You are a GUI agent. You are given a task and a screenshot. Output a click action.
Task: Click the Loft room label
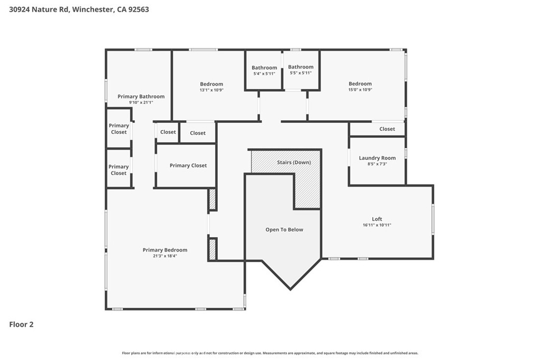(377, 219)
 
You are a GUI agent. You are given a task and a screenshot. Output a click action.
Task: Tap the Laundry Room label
(377, 158)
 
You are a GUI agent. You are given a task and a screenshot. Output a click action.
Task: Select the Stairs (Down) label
(294, 162)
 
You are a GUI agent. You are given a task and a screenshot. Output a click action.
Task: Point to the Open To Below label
(284, 230)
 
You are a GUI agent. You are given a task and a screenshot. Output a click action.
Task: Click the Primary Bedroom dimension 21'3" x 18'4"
(165, 256)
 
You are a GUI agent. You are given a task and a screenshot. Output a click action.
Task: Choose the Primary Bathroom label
(141, 96)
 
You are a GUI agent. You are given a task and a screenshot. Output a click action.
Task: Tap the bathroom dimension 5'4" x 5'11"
(264, 74)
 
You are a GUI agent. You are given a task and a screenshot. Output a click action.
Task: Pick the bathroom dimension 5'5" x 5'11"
(301, 73)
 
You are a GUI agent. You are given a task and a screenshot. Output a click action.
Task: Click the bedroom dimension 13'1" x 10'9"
(211, 90)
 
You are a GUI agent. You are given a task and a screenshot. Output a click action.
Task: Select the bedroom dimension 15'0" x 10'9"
(360, 90)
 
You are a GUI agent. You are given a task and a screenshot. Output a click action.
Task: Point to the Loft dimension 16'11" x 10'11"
(377, 225)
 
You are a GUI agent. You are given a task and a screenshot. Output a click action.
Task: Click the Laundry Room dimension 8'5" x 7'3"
(377, 164)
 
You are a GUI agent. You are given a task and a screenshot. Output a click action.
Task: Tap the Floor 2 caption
(21, 325)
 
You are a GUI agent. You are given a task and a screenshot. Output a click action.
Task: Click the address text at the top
(79, 9)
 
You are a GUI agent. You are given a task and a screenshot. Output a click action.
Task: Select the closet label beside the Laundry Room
(387, 129)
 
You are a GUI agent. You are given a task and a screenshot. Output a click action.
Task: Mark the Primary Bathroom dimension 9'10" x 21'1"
(141, 103)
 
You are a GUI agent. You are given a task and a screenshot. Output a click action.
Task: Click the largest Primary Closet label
(188, 166)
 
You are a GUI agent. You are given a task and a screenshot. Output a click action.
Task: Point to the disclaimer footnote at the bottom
(270, 353)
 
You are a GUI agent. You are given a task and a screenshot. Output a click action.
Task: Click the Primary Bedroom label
(165, 250)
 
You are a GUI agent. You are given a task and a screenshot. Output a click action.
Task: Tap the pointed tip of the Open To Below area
(291, 289)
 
